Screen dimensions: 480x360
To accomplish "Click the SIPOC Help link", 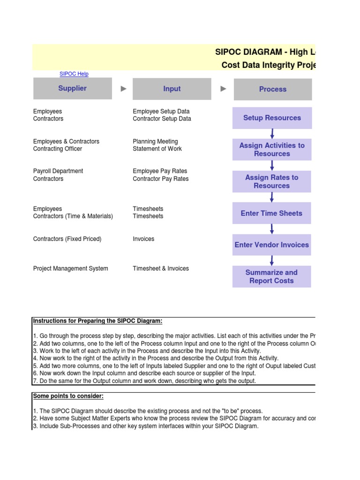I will pos(74,74).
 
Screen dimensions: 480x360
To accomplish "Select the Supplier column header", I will pos(73,89).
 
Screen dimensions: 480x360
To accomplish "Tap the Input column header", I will pos(172,89).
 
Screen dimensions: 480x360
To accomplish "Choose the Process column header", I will pos(272,89).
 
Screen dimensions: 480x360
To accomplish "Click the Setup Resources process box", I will pos(272,118).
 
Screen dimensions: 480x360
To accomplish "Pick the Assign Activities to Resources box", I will pos(272,150).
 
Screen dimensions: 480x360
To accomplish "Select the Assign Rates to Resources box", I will pos(272,181).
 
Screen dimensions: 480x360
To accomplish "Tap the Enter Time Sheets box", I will pos(272,213).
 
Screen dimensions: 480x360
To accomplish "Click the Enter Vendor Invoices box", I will pos(272,245).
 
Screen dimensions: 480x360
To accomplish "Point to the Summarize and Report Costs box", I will pos(272,277).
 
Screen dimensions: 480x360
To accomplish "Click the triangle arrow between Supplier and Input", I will pos(124,89).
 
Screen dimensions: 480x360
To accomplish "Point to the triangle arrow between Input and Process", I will pos(224,89).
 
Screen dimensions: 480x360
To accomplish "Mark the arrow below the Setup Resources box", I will pos(272,134).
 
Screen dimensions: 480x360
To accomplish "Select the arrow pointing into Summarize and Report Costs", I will pos(272,261).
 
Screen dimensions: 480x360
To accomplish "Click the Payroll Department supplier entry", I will pos(58,171).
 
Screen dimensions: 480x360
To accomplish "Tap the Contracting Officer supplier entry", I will pos(58,149).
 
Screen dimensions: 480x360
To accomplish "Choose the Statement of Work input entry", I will pos(157,149).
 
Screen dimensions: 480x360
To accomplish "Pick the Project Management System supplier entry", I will pos(71,269).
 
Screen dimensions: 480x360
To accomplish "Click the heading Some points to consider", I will pos(68,396).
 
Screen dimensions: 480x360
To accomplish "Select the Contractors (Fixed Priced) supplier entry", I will pos(67,239).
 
